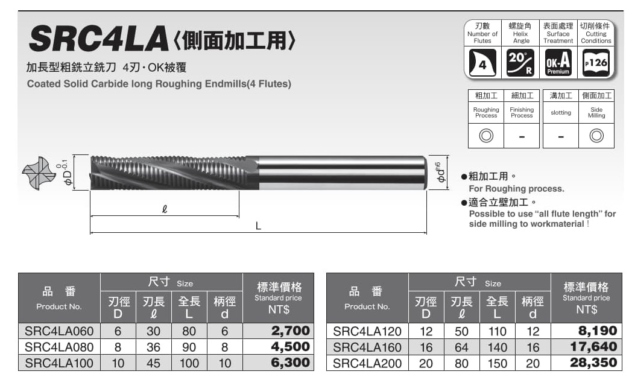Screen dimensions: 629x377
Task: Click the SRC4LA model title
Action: (x=99, y=39)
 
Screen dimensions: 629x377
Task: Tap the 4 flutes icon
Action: (x=482, y=63)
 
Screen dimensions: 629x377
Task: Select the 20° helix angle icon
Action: (x=520, y=63)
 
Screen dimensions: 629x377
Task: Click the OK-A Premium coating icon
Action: (x=558, y=63)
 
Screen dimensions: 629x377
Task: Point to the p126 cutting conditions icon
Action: (x=596, y=63)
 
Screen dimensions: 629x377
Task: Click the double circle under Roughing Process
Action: (x=486, y=136)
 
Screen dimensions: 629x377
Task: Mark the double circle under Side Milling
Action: (x=596, y=136)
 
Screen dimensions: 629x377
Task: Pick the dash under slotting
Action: (x=561, y=137)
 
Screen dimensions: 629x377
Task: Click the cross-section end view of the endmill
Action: (x=39, y=173)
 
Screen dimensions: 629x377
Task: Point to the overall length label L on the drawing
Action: (x=258, y=226)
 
